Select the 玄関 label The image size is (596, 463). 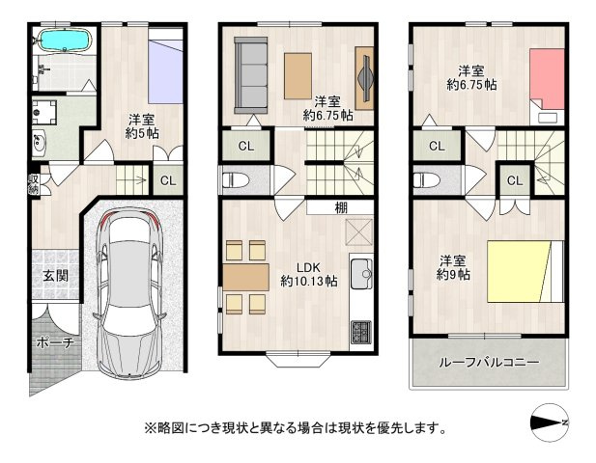tap(55, 275)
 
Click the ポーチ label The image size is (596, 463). tap(54, 342)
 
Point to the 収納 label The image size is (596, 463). tap(33, 183)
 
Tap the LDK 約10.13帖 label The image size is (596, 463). tap(309, 274)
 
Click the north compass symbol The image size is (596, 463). tap(552, 423)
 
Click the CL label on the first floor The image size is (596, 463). tap(167, 180)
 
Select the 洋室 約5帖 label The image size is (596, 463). tap(141, 126)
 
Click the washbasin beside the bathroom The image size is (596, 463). tap(39, 146)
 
